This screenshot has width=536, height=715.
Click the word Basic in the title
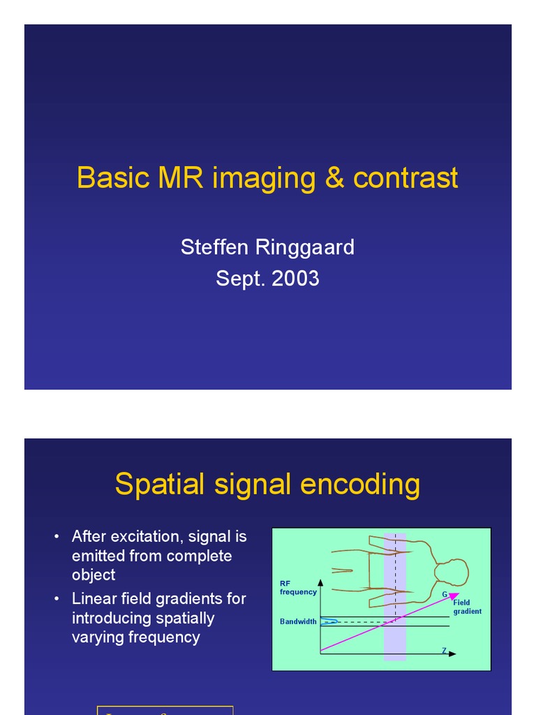tap(113, 178)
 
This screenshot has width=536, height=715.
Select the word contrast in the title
tap(405, 178)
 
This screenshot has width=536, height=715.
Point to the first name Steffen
tap(212, 247)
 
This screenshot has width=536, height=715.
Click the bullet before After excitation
tap(57, 537)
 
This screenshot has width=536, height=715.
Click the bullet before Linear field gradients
tap(57, 599)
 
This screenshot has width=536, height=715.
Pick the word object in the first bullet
tap(94, 575)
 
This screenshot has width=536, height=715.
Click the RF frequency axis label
tap(298, 588)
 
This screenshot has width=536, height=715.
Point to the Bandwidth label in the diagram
tap(298, 621)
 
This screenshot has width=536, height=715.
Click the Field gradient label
tap(467, 607)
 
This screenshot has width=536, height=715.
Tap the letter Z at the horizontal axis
tap(444, 651)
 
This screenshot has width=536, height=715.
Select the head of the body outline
tap(452, 573)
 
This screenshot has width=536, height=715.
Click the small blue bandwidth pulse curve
tap(329, 621)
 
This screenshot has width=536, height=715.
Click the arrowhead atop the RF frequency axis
tap(320, 581)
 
